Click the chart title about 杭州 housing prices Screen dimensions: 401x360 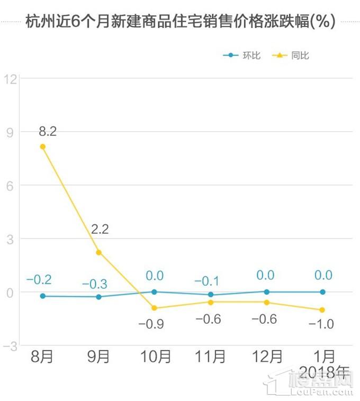[180, 22]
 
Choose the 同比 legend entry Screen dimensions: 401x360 [290, 55]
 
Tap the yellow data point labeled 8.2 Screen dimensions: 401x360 [43, 147]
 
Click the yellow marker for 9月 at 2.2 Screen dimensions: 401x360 [98, 252]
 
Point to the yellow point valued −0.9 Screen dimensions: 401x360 [154, 308]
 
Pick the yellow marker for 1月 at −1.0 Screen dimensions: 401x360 [322, 310]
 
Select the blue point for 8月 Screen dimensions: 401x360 [43, 296]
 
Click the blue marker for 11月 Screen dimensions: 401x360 [211, 295]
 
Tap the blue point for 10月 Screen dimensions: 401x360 [154, 291]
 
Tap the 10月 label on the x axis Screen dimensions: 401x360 [154, 357]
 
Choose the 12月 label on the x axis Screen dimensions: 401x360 [266, 357]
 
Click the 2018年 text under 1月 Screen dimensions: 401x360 [325, 373]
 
